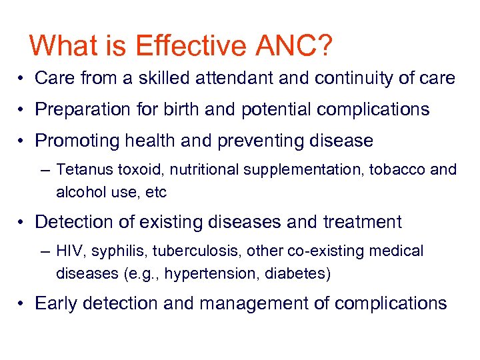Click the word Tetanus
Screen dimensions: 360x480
click(x=79, y=170)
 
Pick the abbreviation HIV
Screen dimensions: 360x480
click(x=67, y=251)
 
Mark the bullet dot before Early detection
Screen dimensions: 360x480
click(x=22, y=304)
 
